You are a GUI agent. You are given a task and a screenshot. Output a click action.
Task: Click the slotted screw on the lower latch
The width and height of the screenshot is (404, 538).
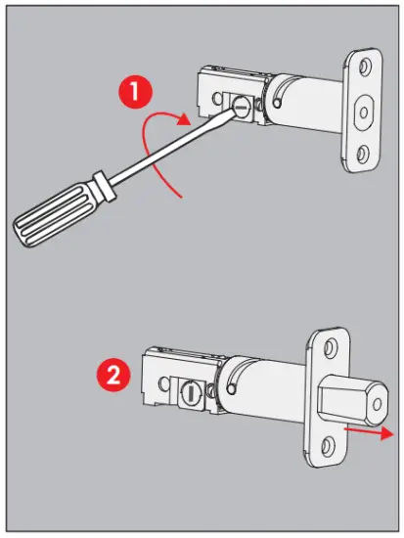pos(188,395)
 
